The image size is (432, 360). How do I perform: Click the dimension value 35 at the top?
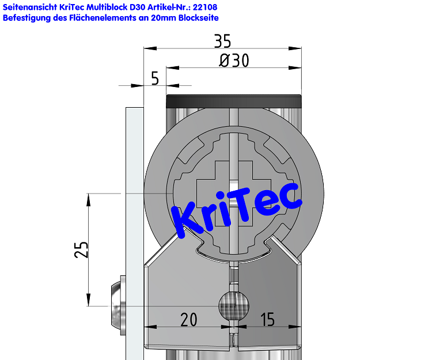pyautogui.click(x=222, y=41)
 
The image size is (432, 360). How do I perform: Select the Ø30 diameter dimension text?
pyautogui.click(x=234, y=60)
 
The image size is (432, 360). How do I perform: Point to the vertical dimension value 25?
pyautogui.click(x=82, y=249)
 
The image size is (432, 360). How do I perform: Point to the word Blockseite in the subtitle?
pyautogui.click(x=198, y=18)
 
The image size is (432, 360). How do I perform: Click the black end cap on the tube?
pyautogui.click(x=234, y=101)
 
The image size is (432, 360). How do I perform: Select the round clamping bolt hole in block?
pyautogui.click(x=233, y=306)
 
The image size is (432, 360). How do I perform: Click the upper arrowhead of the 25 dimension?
pyautogui.click(x=88, y=199)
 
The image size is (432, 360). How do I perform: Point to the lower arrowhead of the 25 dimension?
pyautogui.click(x=88, y=301)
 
